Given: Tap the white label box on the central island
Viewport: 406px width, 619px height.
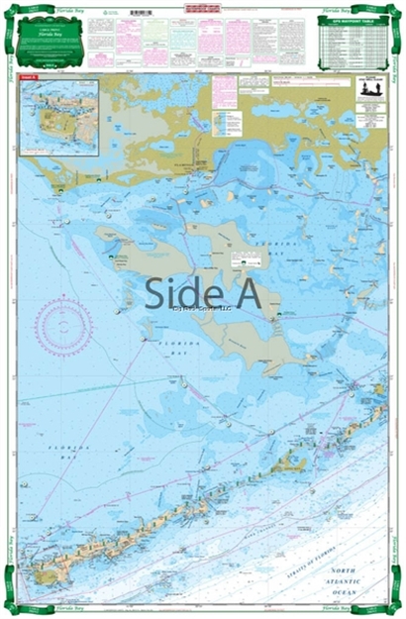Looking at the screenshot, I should tap(249, 261).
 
